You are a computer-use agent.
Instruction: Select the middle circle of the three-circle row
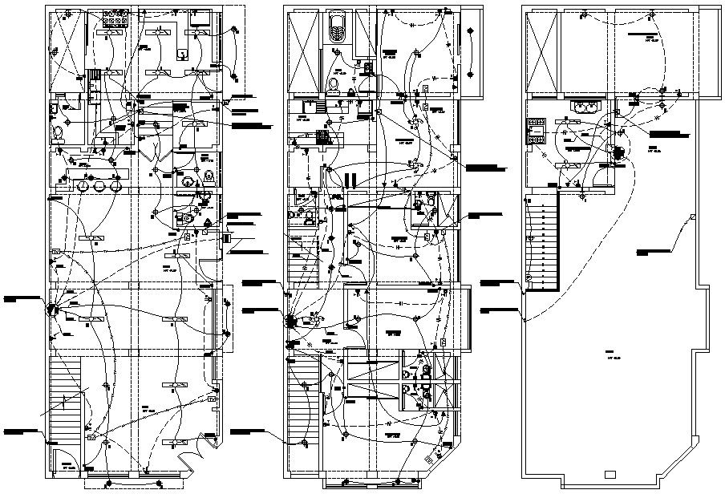tap(99, 184)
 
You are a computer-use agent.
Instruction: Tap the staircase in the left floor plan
tap(67, 397)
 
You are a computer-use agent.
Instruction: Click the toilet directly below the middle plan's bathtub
tap(334, 83)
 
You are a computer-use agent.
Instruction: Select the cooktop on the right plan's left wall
tap(535, 129)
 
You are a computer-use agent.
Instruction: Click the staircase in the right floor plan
tap(543, 244)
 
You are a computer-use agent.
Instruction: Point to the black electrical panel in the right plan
tap(618, 153)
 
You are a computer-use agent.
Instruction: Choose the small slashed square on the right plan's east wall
tap(692, 218)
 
